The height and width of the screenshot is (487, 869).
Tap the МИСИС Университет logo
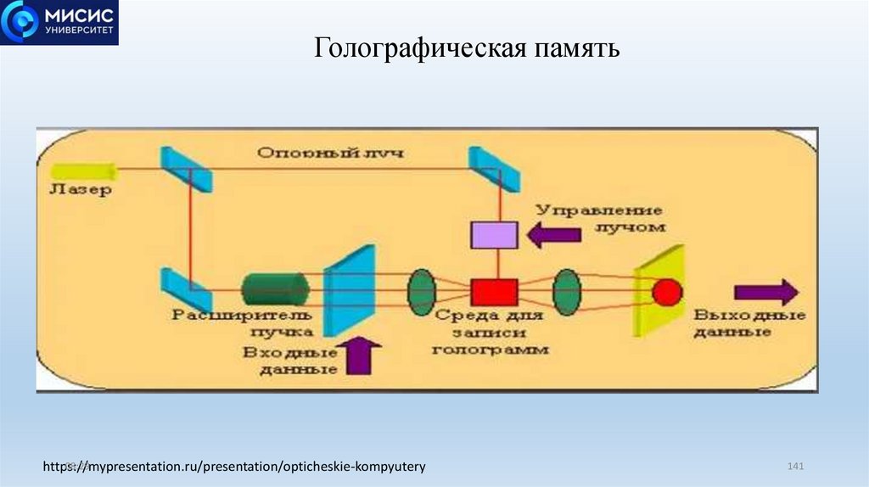pos(59,23)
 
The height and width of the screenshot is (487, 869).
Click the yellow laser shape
pos(73,170)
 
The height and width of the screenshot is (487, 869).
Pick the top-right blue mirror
pos(494,169)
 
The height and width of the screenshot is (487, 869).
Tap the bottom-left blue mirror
pos(185,290)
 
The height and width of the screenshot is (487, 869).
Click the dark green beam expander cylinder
pos(274,290)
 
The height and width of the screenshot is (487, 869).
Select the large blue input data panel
pos(350,290)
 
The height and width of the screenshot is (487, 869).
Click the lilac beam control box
pos(495,233)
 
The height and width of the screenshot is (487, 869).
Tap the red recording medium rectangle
pos(494,292)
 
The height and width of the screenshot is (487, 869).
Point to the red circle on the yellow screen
pos(666,292)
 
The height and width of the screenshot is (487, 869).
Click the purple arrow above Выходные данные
pos(765,292)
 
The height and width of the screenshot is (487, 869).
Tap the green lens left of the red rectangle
pos(421,291)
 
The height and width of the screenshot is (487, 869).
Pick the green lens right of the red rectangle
pos(566,292)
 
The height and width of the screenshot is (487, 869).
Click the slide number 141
pos(795,467)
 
